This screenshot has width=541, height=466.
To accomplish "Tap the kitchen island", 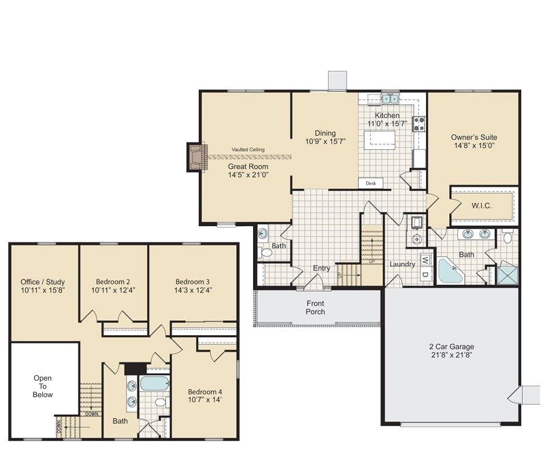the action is [380, 140].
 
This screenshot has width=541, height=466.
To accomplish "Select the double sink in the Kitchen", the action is [390, 99].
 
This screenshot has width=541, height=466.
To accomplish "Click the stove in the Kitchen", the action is [420, 124].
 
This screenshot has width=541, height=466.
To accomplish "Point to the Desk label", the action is [371, 183].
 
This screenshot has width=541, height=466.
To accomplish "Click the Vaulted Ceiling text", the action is [248, 150].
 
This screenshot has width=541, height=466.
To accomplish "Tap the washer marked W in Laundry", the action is [426, 260].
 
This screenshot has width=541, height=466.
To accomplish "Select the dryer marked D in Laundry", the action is [426, 275].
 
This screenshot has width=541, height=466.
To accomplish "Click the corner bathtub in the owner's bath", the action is [450, 270].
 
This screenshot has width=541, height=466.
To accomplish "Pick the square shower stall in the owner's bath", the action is [507, 275].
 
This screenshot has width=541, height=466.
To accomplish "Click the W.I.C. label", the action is [481, 206].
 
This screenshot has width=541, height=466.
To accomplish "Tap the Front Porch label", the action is [315, 307].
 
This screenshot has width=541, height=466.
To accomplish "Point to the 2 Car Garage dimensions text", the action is [452, 355].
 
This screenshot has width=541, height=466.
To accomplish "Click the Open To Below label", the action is [43, 386].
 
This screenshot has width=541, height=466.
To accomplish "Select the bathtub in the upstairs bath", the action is [154, 384].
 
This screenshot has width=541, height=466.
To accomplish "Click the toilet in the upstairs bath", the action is [161, 402].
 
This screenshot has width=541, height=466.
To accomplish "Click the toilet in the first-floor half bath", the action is [265, 252].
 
